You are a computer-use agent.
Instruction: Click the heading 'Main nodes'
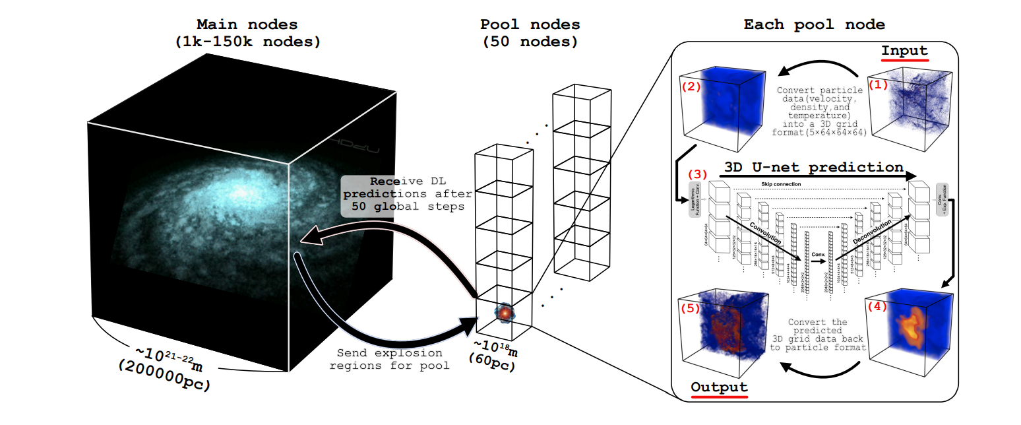point(247,25)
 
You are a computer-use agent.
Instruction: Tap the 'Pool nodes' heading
point(530,25)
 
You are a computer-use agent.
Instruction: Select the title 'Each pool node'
point(814,25)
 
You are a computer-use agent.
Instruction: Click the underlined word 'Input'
point(904,51)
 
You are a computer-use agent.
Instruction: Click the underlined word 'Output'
point(719,387)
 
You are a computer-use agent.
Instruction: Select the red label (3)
point(698,175)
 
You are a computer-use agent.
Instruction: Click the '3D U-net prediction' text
point(813,167)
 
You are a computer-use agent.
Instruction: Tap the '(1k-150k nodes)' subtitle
point(247,42)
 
